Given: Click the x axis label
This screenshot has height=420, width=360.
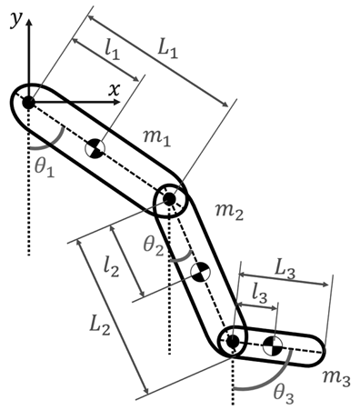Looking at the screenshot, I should pos(115,89).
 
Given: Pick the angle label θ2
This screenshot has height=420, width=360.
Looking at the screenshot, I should pos(154,243).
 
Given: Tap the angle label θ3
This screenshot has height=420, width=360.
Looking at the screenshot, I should pos(284,393).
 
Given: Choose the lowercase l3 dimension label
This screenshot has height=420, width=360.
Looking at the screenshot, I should pos(260,293).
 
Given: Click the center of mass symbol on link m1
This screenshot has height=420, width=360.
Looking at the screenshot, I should pos(95,147).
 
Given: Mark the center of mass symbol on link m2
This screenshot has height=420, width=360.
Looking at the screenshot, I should pos(202,272).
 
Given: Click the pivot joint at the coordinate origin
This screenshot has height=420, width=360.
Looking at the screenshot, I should pos(28,102).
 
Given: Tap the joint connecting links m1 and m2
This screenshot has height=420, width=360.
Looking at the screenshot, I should pos(170,199).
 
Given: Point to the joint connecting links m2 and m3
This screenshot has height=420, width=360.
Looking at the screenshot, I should pos(233,341).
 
